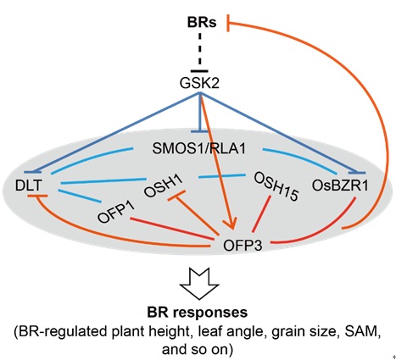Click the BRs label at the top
202,22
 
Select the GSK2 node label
199,83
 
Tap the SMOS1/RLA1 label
198,148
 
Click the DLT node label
29,186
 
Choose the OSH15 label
276,186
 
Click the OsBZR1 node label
340,186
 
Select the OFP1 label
116,212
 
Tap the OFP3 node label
243,246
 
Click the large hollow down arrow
199,283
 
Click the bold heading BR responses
198,313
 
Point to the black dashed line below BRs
200,50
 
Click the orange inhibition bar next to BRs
228,23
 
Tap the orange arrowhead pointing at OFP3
231,223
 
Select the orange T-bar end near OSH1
176,196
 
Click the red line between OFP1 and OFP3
172,229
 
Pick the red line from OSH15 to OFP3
261,213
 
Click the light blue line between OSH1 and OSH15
222,176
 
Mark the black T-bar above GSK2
199,71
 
